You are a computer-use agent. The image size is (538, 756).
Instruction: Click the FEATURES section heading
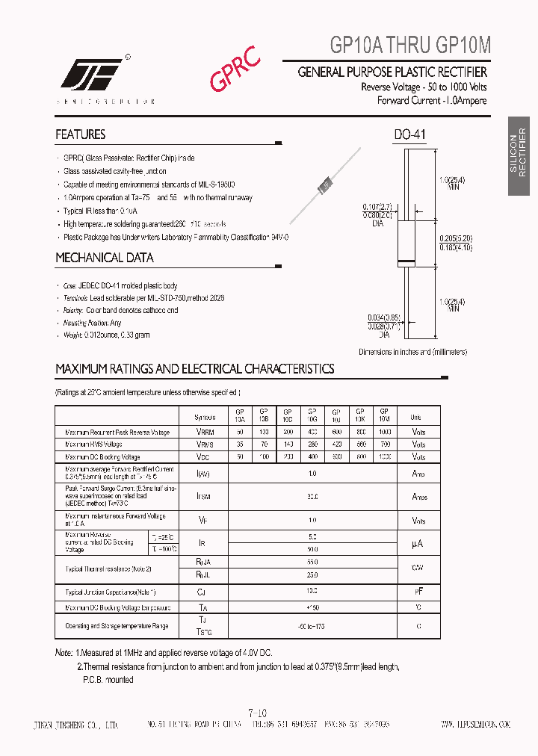coord(80,134)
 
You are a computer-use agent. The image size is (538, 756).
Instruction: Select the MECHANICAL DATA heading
coord(105,258)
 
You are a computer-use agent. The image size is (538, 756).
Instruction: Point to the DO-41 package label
coord(410,135)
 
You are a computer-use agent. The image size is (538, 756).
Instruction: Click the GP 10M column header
coord(384,415)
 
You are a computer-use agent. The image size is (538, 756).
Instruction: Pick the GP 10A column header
coord(240,415)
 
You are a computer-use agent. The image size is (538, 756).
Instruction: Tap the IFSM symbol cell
coord(203,495)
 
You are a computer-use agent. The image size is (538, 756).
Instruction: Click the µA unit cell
coord(418,543)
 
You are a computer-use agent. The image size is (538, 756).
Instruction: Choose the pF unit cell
coord(418,592)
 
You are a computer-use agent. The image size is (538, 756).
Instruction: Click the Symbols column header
coord(203,417)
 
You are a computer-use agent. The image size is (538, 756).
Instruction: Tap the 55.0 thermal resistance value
coord(312,561)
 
